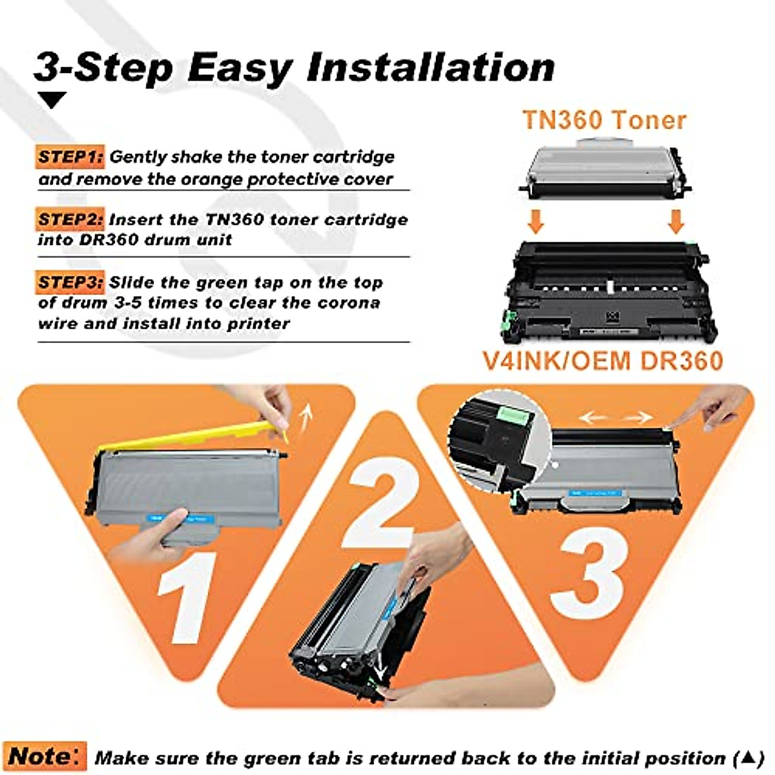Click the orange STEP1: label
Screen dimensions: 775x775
point(70,157)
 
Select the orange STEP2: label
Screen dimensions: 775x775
point(70,220)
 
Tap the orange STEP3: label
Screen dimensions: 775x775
point(70,282)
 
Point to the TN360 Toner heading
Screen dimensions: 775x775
point(604,120)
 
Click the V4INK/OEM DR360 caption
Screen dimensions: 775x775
point(603,360)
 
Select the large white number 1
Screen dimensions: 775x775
point(188,597)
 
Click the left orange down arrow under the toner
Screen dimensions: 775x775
point(535,221)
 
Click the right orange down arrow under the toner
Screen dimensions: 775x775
point(676,221)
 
